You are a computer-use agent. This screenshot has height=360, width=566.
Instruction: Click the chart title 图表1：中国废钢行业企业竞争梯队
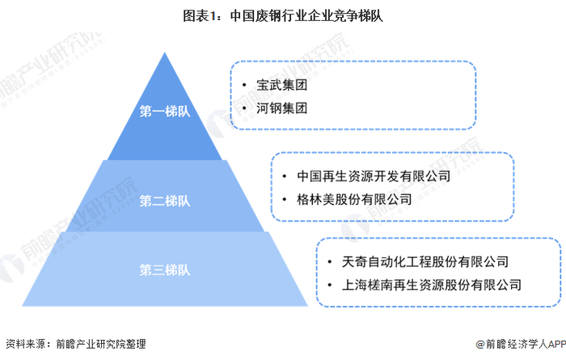click(283, 14)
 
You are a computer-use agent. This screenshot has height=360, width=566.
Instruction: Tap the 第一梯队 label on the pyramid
click(165, 112)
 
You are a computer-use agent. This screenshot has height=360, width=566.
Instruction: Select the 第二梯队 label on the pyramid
click(165, 199)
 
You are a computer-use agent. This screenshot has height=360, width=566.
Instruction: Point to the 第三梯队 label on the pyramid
click(165, 269)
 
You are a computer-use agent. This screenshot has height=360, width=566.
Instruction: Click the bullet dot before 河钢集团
click(244, 107)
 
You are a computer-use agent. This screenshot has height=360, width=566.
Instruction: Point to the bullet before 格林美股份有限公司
click(285, 197)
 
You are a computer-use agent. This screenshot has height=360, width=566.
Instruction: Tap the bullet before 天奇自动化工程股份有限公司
click(331, 261)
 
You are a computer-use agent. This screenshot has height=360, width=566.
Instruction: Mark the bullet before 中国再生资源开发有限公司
click(285, 175)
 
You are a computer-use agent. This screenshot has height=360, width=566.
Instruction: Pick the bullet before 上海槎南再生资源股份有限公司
click(331, 285)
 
